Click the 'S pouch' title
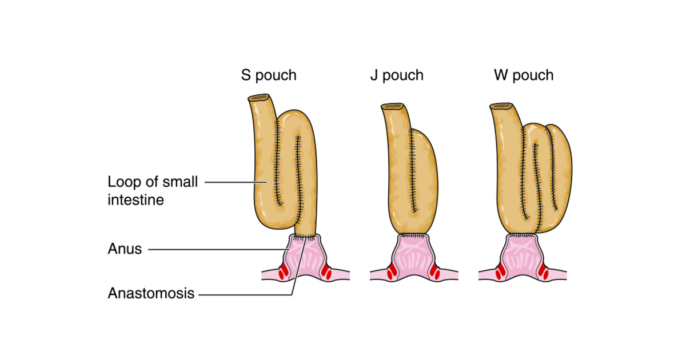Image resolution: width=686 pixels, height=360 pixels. pos(269,75)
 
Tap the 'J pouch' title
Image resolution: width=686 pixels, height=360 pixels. pos(397,75)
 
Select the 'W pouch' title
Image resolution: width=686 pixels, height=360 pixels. pos(524,75)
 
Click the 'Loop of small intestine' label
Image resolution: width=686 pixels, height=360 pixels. pos(153,190)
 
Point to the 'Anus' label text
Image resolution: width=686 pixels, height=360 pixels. pos(125,249)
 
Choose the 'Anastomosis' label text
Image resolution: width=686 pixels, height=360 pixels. pos(151,294)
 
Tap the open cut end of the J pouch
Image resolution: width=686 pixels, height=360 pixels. pos(393,106)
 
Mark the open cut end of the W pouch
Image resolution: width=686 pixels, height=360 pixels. pos(502,106)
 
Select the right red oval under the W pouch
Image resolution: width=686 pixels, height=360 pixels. pos(543,273)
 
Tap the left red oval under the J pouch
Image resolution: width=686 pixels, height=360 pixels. pos(392,273)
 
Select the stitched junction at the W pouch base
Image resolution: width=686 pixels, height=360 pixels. pos(521,235)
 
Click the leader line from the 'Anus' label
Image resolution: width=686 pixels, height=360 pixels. pos(217,249)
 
